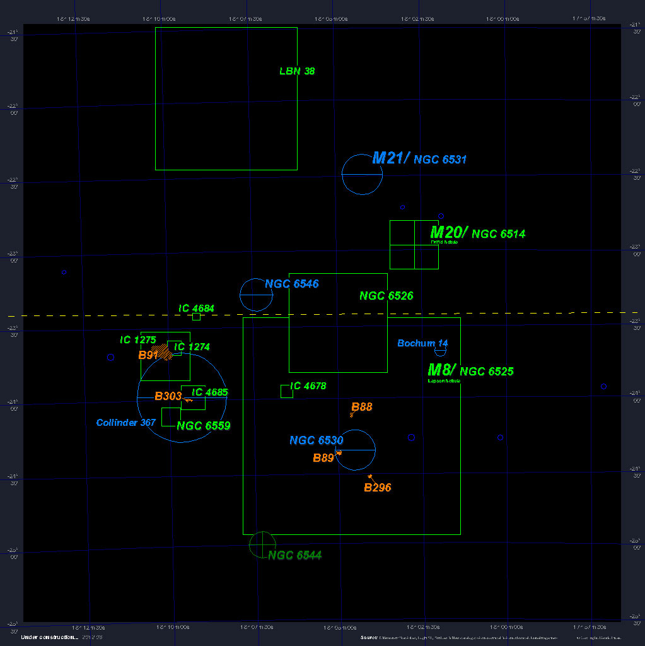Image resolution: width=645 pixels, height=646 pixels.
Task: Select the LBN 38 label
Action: pos(297,71)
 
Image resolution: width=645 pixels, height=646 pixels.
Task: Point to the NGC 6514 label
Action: pos(498,234)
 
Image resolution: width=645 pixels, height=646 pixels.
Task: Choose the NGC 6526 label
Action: pos(386,296)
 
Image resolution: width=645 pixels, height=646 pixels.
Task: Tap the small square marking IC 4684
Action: pos(197,317)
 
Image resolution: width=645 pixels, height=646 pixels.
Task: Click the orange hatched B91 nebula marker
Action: pos(164,351)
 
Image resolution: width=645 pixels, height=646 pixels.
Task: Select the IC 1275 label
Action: pos(138,340)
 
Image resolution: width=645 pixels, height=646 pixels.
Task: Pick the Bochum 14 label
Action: pos(422,343)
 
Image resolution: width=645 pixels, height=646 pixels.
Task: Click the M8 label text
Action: pos(441,370)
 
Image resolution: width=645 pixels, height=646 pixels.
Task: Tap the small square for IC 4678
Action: pos(286,391)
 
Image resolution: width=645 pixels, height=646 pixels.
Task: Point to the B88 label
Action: pos(362,407)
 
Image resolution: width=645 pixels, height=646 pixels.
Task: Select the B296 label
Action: pos(378,488)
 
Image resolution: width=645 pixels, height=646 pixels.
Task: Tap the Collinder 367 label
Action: pos(125,423)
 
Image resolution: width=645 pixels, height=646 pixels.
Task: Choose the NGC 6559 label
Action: pos(204,426)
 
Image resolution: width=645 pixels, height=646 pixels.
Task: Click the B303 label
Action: pos(168,397)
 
